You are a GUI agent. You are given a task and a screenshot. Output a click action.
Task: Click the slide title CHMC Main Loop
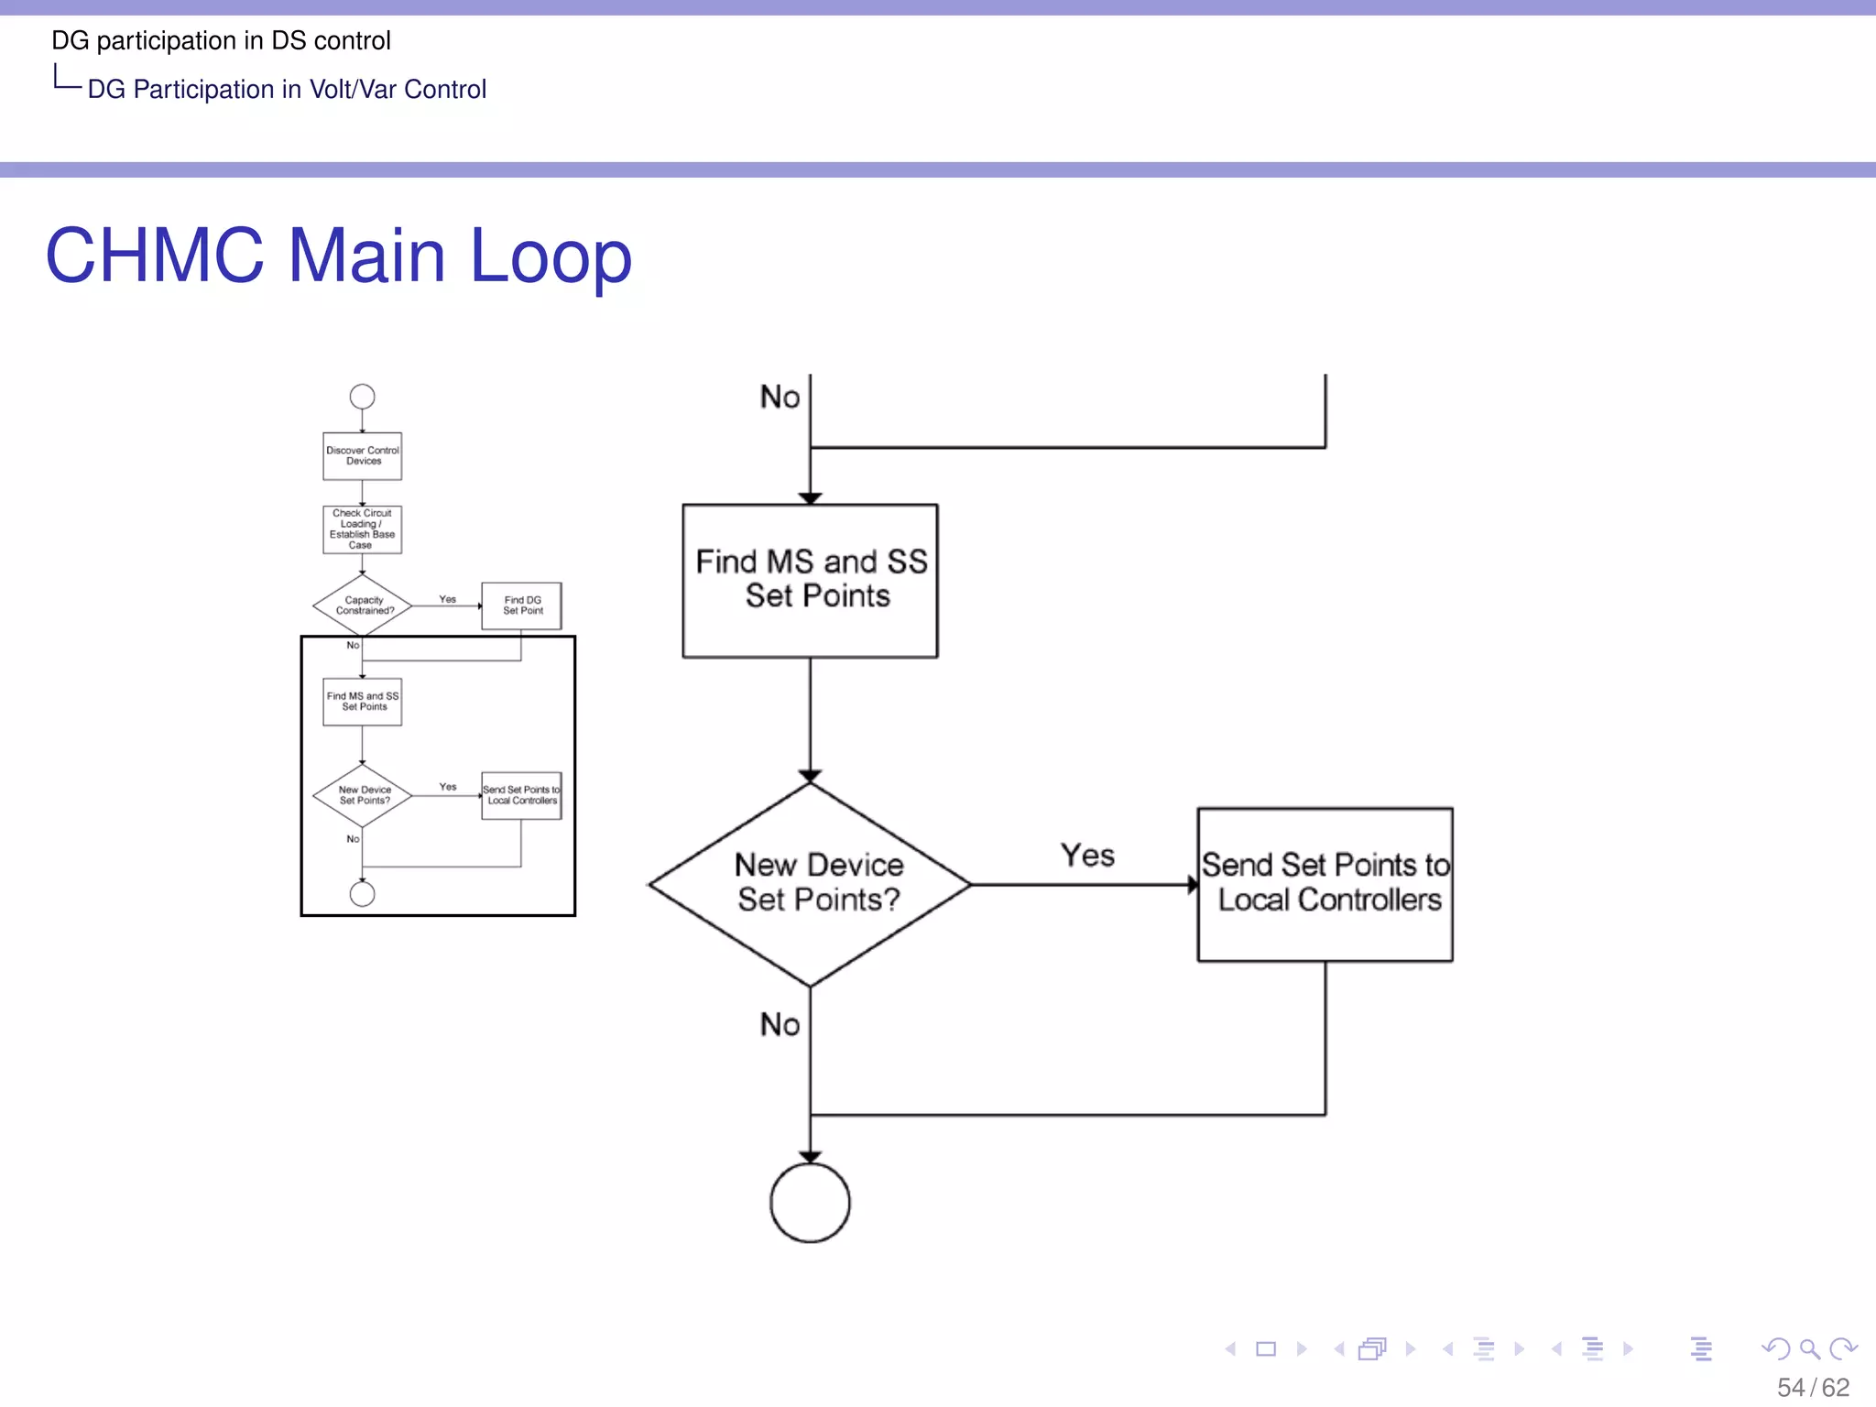point(338,256)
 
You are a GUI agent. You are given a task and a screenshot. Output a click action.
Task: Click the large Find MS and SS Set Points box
point(810,580)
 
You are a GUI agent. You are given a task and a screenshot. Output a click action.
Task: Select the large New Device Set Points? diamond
point(810,884)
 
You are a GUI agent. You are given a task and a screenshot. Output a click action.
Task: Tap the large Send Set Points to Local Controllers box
point(1325,884)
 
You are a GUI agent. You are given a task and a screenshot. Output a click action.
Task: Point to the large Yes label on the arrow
point(1087,856)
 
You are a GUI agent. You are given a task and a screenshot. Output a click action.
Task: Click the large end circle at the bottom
point(810,1202)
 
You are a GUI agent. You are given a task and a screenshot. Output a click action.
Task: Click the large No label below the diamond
point(780,1024)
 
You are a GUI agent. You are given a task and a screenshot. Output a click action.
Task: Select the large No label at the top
point(780,397)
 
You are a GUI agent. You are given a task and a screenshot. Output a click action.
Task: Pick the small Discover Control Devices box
point(363,456)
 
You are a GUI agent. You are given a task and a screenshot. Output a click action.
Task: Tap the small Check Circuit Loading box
point(363,529)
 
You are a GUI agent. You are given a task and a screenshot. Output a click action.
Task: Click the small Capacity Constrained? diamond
point(363,605)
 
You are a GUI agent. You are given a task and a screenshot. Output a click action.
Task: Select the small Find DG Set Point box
point(522,605)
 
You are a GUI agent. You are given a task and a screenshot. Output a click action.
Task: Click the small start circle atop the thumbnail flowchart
point(363,397)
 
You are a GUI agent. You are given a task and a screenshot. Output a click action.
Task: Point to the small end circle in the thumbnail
point(363,894)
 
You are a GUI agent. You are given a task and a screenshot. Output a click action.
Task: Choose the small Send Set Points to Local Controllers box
point(521,795)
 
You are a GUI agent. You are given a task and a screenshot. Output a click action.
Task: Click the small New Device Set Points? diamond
point(363,795)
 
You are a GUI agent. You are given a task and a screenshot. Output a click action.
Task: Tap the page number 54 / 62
point(1813,1387)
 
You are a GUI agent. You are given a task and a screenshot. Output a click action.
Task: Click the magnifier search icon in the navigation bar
point(1809,1348)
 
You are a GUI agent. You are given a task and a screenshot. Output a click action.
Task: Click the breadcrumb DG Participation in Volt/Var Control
point(287,89)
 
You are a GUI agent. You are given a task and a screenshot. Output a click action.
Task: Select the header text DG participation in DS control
point(221,40)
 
